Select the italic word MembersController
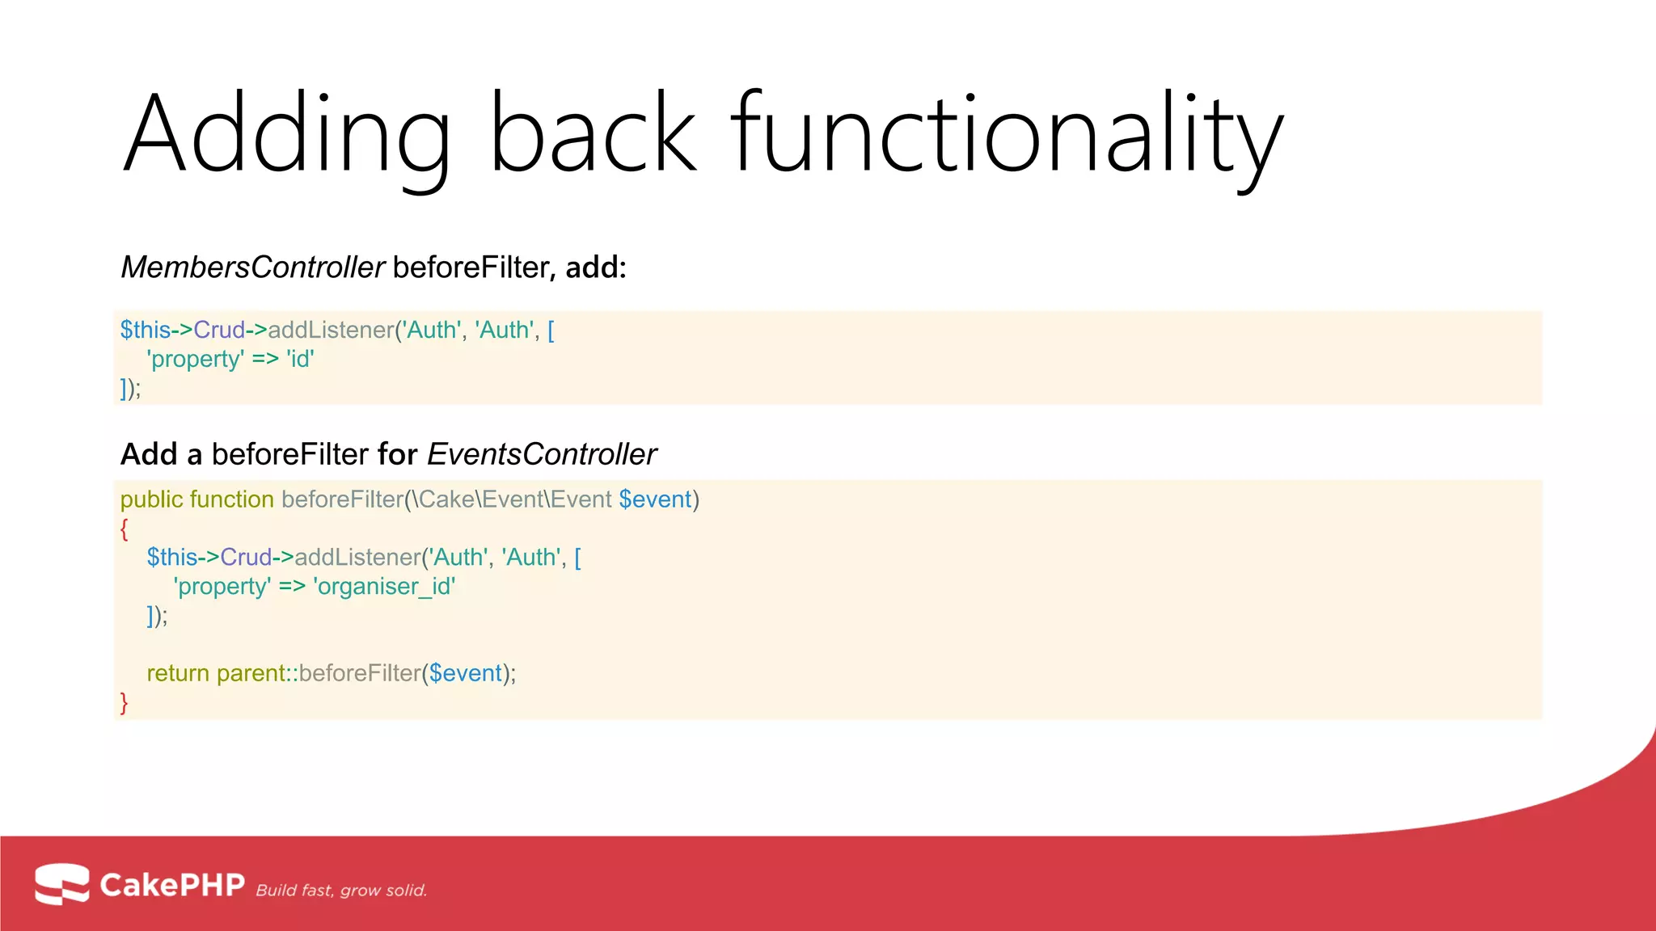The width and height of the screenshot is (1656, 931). [253, 268]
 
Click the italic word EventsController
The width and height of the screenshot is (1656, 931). [541, 454]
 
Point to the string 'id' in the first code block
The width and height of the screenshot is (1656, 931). [300, 359]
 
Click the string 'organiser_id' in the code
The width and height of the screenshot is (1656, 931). [384, 586]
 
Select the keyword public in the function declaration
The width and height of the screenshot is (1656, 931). [151, 499]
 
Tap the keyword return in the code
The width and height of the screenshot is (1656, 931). [177, 673]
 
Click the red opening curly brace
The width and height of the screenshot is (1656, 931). [125, 529]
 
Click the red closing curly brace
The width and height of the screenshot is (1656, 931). [125, 703]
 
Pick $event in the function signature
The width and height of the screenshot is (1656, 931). [655, 499]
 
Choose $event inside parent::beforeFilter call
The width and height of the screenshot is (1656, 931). [465, 673]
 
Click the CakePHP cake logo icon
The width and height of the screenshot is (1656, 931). [62, 883]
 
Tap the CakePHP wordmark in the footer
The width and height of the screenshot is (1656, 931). [171, 885]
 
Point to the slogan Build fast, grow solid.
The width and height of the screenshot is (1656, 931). [341, 891]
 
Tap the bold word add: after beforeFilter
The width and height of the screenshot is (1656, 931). [596, 268]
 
